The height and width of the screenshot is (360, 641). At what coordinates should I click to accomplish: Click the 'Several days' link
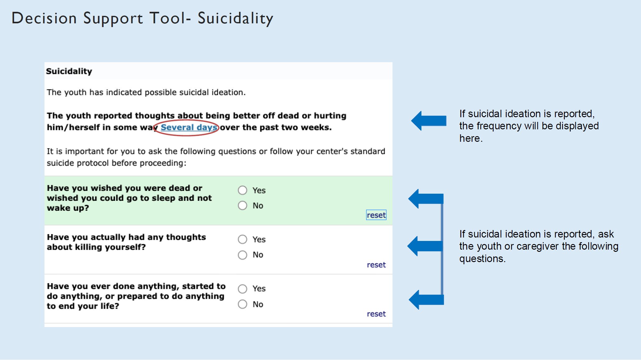tap(189, 127)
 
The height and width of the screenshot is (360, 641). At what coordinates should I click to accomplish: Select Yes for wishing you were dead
tap(243, 190)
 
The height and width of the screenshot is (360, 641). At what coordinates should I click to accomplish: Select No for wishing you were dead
tap(243, 205)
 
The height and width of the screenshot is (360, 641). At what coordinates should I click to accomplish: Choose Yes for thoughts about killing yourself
tap(243, 239)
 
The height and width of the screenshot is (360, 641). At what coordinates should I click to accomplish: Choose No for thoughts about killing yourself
tap(243, 255)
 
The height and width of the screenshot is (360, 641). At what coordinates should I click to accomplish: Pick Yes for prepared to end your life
tap(243, 289)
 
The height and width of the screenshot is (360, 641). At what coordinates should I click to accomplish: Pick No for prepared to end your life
tap(243, 304)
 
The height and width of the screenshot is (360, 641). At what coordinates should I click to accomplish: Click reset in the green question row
tap(376, 215)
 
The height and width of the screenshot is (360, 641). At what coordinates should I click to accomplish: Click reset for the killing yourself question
tap(376, 265)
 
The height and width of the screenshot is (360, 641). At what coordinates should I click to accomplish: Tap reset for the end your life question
tap(376, 314)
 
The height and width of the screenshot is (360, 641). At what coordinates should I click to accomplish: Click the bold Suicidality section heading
tap(69, 71)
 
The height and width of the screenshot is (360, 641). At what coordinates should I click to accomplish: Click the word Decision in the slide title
tap(44, 18)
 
